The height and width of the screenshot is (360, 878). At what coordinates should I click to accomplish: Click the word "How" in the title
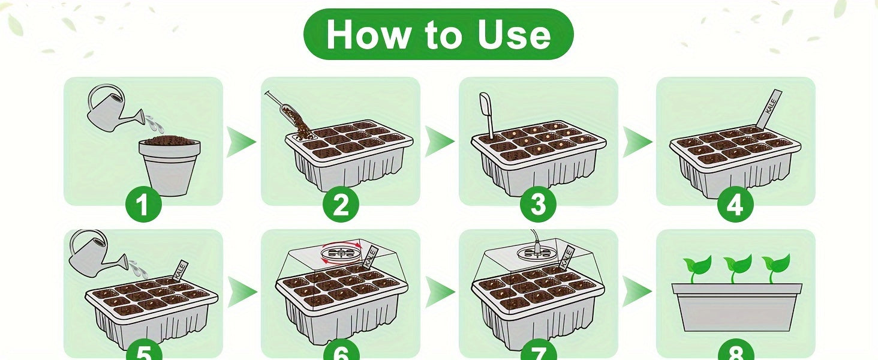pyautogui.click(x=367, y=35)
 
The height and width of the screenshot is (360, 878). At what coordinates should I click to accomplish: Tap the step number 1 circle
pyautogui.click(x=143, y=205)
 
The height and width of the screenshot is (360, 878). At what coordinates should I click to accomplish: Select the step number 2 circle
pyautogui.click(x=341, y=205)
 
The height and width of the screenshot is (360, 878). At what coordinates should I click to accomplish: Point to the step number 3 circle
pyautogui.click(x=538, y=205)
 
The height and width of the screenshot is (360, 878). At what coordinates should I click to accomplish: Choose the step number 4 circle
pyautogui.click(x=736, y=205)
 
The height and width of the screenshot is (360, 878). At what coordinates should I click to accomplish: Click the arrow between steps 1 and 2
pyautogui.click(x=241, y=142)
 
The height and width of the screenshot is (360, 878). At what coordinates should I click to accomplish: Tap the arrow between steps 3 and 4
pyautogui.click(x=638, y=142)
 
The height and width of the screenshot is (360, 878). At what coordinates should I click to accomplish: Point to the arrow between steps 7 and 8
pyautogui.click(x=636, y=292)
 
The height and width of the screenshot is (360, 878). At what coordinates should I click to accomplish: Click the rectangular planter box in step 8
pyautogui.click(x=736, y=307)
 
